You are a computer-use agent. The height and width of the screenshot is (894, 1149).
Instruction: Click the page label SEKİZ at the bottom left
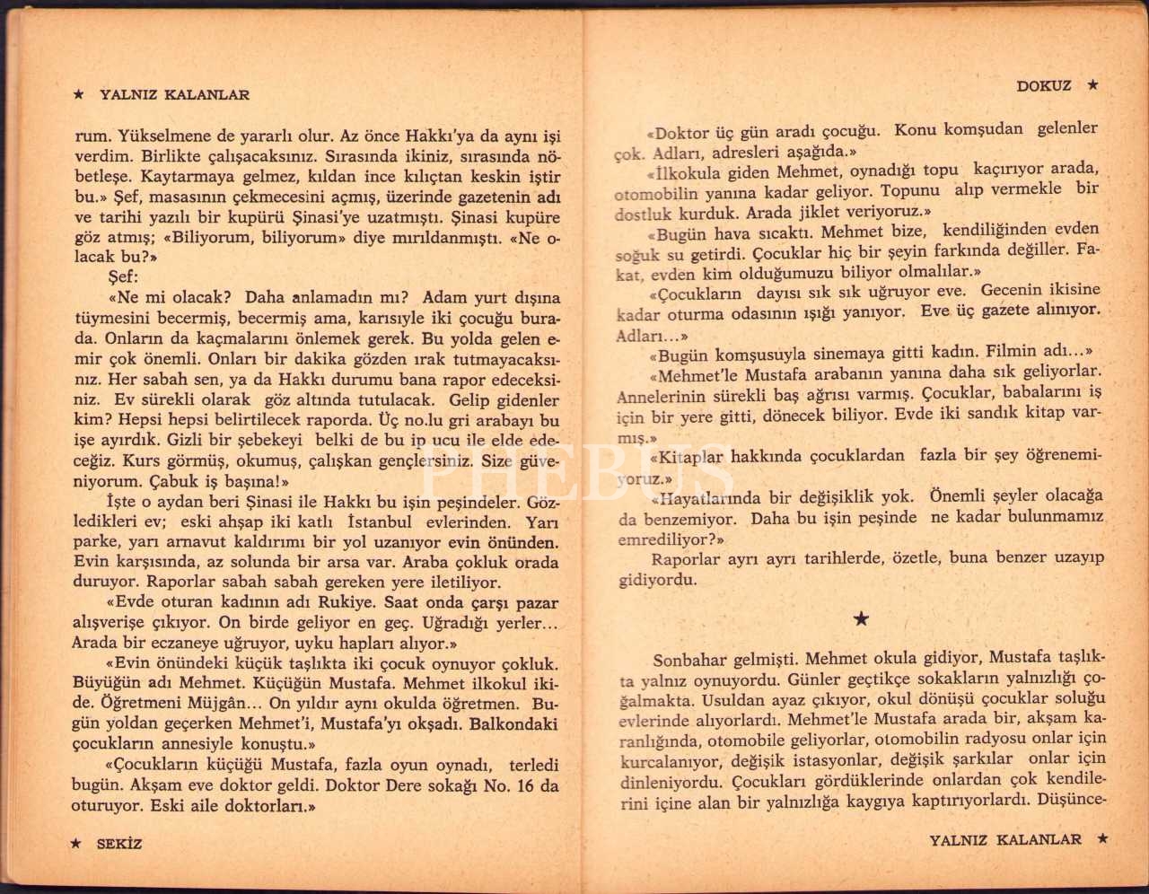pos(119,844)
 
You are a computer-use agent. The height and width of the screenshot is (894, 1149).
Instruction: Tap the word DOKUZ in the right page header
pos(1044,86)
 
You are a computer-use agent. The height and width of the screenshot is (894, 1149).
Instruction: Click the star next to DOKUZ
pos(1092,85)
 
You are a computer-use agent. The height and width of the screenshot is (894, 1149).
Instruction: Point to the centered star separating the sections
pos(861,618)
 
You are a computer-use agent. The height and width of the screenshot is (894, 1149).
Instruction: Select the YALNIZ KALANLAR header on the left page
pos(174,94)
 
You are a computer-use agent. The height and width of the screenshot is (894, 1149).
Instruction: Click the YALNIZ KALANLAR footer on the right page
pos(1005,840)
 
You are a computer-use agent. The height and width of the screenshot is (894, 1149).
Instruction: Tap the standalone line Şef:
pos(123,277)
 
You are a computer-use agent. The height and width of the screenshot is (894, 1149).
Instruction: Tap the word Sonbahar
pos(689,658)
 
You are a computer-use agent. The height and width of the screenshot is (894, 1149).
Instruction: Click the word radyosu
pos(994,739)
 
